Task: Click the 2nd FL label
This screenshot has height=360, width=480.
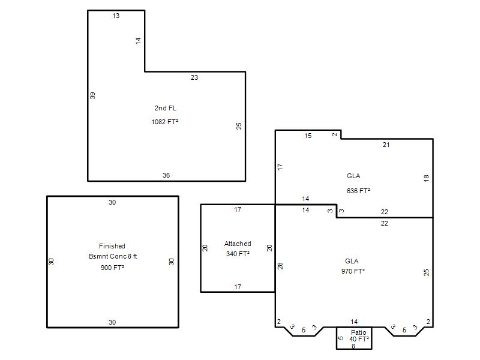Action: pos(166,108)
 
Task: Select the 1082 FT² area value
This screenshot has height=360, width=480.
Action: pos(164,122)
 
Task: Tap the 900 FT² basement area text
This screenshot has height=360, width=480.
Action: pos(112,268)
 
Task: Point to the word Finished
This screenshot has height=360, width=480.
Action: pos(112,246)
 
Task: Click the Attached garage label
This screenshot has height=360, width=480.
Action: pos(238,244)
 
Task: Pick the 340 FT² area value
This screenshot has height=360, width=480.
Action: pos(238,254)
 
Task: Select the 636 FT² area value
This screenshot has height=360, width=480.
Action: pos(358,191)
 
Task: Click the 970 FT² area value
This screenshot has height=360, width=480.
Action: pos(353,271)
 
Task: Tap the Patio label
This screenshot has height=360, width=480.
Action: pos(358,332)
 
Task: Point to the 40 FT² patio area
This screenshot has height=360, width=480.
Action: pos(359,339)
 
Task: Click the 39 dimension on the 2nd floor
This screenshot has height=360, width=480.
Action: pos(92,95)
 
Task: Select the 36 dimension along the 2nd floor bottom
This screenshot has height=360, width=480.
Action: pos(166,175)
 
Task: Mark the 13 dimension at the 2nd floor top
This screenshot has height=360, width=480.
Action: pos(116,16)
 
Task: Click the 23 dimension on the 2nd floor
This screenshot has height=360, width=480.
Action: pos(194,77)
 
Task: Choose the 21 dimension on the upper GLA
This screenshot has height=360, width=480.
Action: pos(386,145)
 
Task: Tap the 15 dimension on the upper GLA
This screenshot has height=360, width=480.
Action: pos(308,136)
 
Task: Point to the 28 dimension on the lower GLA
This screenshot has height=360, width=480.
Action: pos(280,266)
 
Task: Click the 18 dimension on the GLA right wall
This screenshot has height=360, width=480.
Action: pos(426,178)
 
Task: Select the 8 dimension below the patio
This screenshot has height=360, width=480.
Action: pos(353,346)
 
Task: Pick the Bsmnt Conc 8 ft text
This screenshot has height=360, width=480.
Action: pos(113,256)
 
